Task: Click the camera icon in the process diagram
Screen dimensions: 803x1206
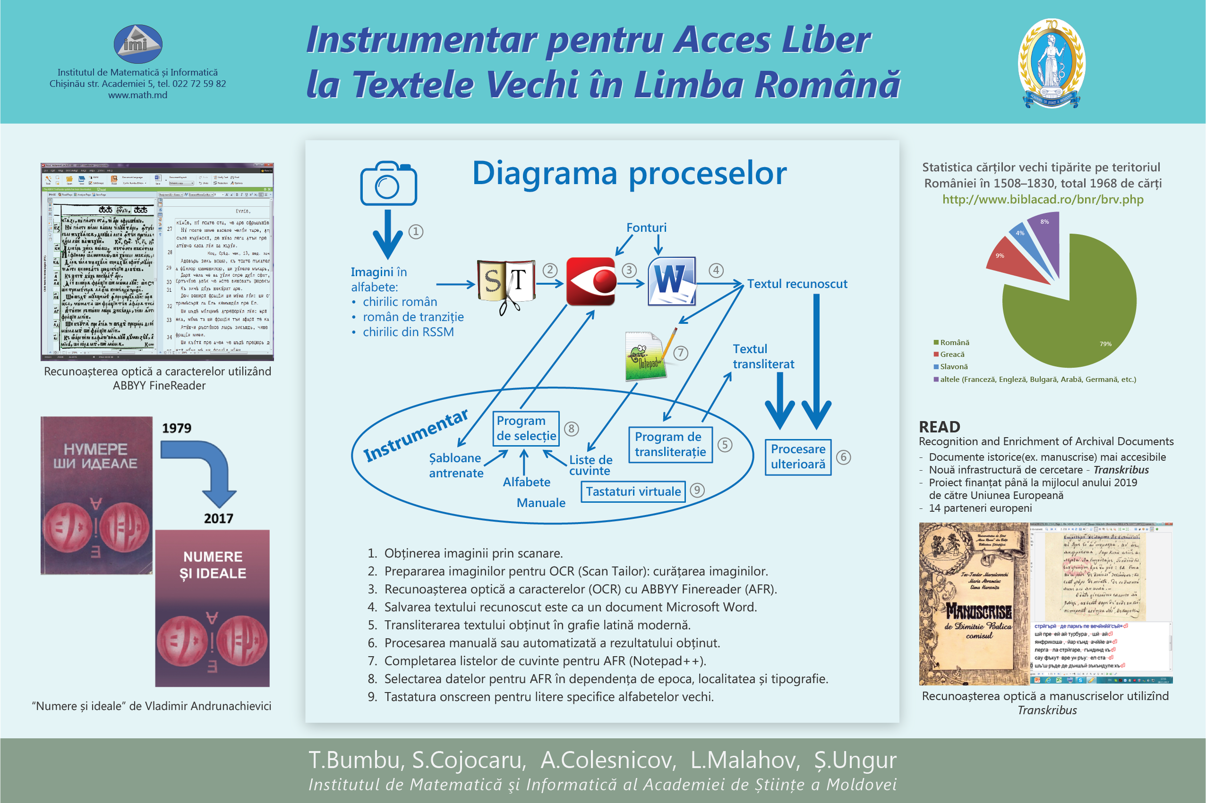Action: click(x=388, y=183)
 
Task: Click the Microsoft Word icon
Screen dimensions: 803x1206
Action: click(x=672, y=281)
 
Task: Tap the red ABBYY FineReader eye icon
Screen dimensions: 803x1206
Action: click(x=590, y=281)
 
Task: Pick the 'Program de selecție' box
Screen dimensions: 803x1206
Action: click(x=526, y=429)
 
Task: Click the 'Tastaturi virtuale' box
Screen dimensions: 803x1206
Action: click(x=633, y=491)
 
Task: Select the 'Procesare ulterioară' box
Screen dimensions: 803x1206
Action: click(x=798, y=457)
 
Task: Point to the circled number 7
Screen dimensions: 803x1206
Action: click(x=680, y=353)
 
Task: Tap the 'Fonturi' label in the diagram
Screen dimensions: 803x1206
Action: click(x=646, y=228)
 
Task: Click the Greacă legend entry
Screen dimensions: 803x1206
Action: click(x=951, y=355)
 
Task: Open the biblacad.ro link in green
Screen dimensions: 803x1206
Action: click(x=1043, y=199)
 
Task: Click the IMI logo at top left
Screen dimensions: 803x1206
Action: click(x=138, y=44)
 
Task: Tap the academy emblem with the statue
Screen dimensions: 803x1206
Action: click(x=1051, y=63)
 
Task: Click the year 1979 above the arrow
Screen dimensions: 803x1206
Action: click(x=177, y=428)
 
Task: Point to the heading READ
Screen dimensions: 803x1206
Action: click(x=939, y=427)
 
